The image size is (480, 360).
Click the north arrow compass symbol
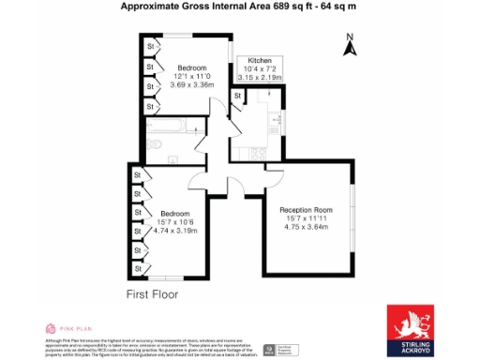click(x=348, y=44)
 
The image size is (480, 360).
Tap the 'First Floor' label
click(x=152, y=294)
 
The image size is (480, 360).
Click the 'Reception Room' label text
click(x=309, y=209)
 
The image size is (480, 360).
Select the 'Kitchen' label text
click(x=260, y=60)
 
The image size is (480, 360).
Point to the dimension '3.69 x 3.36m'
click(x=192, y=84)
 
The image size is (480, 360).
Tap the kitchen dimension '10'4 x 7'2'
click(x=259, y=68)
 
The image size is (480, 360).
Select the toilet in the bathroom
click(x=157, y=143)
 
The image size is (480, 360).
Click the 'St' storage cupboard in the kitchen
click(x=239, y=95)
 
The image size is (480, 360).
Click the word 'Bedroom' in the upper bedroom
click(x=192, y=67)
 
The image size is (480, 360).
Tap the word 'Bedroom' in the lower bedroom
click(x=175, y=213)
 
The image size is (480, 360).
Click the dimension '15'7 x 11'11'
click(x=309, y=218)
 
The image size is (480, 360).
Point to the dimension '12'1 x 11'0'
click(x=192, y=76)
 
